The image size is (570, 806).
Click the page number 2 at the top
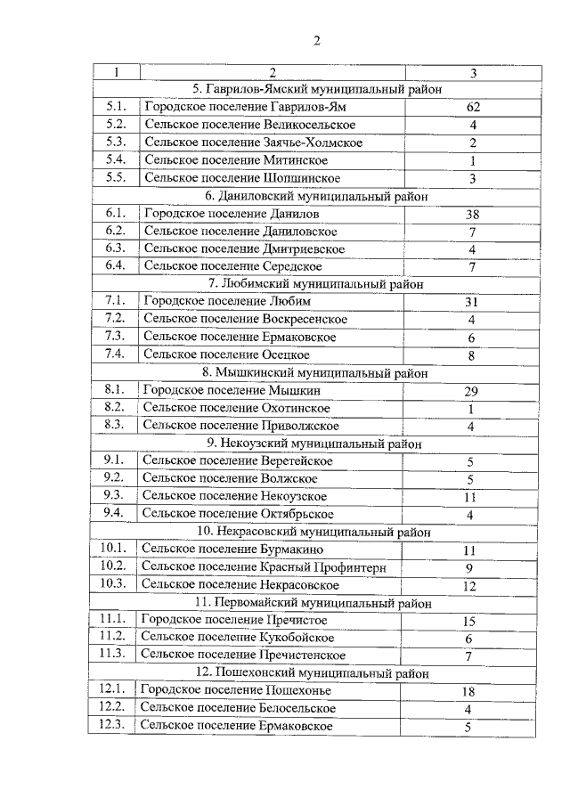click(316, 40)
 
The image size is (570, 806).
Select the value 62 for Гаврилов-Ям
click(473, 107)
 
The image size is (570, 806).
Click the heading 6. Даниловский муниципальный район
click(316, 196)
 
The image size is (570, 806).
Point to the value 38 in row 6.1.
click(473, 215)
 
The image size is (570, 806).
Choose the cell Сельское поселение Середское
click(232, 265)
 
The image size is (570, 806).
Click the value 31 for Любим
click(472, 302)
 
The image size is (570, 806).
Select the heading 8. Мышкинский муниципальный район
click(315, 372)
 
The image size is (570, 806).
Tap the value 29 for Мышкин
click(472, 391)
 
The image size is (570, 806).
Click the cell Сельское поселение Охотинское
click(236, 407)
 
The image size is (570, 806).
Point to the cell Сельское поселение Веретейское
click(238, 460)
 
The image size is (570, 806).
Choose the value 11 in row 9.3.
click(471, 497)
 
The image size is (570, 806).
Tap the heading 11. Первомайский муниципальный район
click(315, 602)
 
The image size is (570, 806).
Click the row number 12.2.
click(113, 706)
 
